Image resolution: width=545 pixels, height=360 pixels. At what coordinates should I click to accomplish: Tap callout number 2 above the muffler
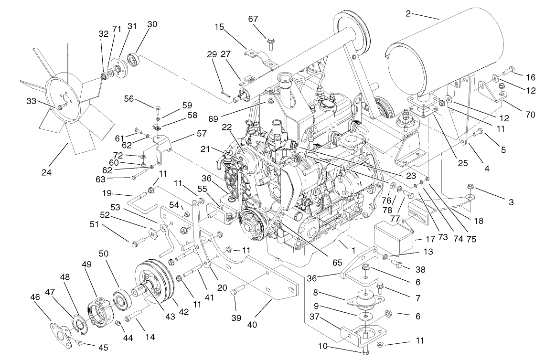click(x=408, y=14)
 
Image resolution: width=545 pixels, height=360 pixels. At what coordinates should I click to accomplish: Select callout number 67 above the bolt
click(x=266, y=19)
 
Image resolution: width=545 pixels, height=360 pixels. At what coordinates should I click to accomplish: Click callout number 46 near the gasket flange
click(x=34, y=297)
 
